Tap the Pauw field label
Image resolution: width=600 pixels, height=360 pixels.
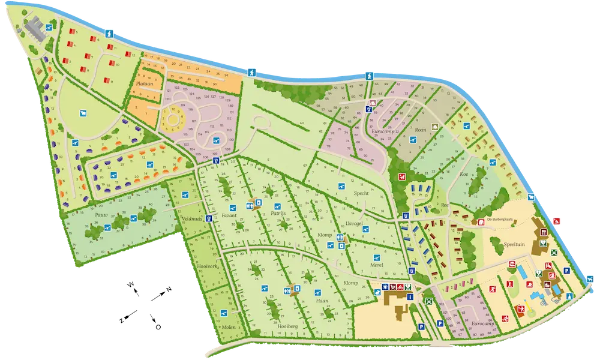[100, 214]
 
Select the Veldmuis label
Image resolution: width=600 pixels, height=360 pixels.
[191, 220]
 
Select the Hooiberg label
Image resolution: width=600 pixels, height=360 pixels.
[289, 327]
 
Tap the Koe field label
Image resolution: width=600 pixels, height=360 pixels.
[463, 173]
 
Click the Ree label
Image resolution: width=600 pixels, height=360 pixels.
[445, 205]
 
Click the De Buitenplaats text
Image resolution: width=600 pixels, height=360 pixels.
[506, 220]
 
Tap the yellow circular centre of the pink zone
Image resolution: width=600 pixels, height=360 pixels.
[175, 118]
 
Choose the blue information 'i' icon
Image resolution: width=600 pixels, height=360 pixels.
[410, 296]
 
